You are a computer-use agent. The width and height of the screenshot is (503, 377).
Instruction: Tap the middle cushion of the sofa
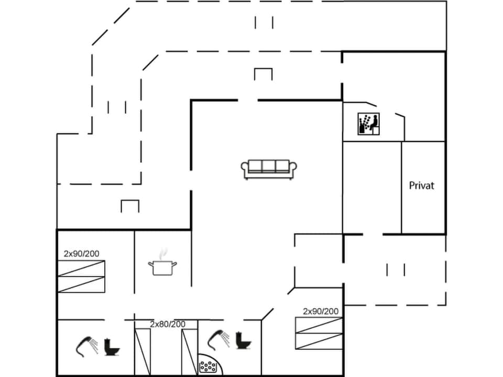pos(269,167)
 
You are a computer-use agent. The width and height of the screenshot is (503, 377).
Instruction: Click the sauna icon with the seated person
pos(368,124)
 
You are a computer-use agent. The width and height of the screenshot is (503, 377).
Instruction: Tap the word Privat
pos(421,185)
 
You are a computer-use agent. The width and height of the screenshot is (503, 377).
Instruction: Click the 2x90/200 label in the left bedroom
pos(81,253)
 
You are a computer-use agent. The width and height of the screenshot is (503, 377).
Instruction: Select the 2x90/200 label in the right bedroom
pos(320,311)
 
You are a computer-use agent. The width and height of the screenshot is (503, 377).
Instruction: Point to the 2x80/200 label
pos(167,324)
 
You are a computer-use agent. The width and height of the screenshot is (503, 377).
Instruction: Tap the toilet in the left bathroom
pos(112,346)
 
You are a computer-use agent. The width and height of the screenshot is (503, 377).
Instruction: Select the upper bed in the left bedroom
pos(81,268)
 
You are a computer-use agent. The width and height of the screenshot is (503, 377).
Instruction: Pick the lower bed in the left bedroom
pos(81,284)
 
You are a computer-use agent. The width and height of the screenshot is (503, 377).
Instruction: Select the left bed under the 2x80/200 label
pos(143,351)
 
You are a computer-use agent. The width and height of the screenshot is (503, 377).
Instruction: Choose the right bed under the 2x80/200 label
pos(190,351)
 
